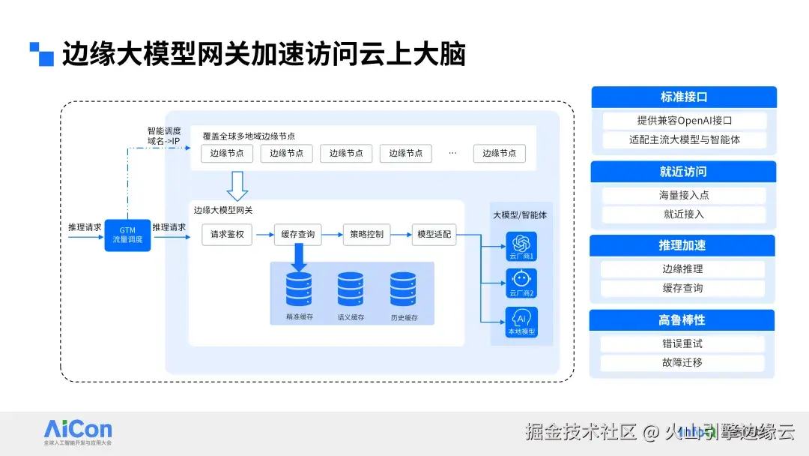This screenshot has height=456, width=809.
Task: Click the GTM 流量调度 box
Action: click(127, 235)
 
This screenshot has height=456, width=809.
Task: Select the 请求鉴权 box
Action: click(227, 235)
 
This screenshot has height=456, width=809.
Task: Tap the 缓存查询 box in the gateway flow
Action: click(298, 235)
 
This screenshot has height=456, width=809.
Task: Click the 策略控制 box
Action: click(366, 235)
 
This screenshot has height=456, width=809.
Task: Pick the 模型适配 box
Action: click(434, 235)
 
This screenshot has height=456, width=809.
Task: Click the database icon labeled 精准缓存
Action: click(299, 289)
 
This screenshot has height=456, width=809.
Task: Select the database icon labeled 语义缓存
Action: click(351, 289)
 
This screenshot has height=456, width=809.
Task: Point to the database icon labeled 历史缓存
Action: click(403, 289)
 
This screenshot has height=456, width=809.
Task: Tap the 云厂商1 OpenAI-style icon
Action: click(521, 243)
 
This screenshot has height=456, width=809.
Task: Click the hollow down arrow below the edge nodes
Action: click(237, 183)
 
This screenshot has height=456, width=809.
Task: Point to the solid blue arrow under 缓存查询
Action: click(299, 258)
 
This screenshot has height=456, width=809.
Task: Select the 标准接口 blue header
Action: click(683, 97)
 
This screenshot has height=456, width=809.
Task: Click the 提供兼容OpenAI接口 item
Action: click(684, 121)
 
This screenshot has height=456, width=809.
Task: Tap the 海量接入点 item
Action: click(684, 195)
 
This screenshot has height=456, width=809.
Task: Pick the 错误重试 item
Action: click(682, 344)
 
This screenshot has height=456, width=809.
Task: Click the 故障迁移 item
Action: click(682, 363)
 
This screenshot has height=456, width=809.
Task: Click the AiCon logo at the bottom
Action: click(78, 430)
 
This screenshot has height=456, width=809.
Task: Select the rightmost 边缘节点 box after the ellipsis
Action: click(500, 153)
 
